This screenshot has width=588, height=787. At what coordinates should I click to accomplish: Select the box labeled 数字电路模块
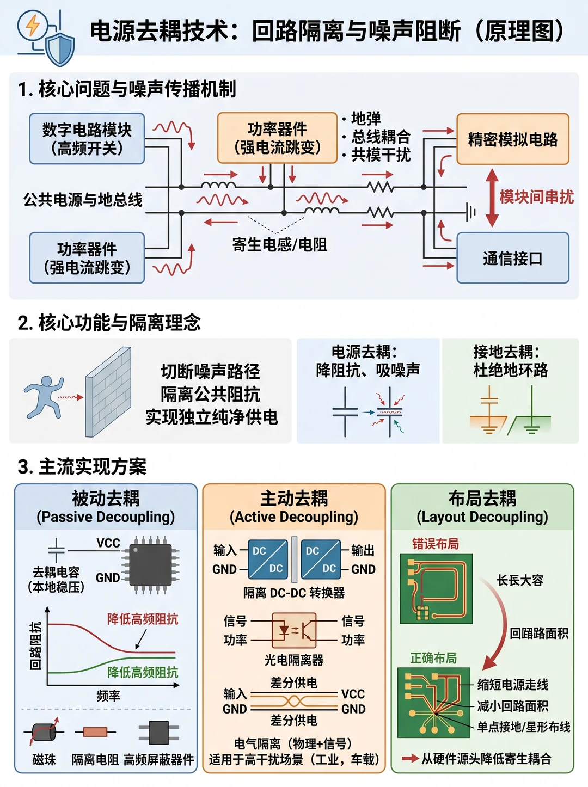(87, 139)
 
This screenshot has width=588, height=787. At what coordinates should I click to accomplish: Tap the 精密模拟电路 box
(513, 139)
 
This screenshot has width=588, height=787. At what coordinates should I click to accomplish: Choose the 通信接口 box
(513, 258)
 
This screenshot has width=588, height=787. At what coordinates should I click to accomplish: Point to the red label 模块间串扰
(537, 197)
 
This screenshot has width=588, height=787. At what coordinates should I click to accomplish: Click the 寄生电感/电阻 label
(280, 245)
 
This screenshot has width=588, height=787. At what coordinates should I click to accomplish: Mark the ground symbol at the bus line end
(471, 212)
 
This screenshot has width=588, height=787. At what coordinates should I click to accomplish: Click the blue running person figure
(44, 397)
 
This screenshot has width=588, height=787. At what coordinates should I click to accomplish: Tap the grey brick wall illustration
(108, 392)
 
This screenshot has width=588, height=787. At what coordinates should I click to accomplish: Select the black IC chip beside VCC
(150, 565)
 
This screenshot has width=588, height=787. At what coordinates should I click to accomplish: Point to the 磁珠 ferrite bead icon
(44, 731)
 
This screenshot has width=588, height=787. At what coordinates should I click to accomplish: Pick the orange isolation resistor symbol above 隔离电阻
(95, 731)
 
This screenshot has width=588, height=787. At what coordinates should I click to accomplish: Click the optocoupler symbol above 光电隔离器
(294, 630)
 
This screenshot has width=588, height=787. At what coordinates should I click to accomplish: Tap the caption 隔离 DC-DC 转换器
(294, 593)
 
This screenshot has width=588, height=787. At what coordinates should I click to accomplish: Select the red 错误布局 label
(435, 544)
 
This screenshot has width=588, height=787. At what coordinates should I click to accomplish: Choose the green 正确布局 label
(433, 658)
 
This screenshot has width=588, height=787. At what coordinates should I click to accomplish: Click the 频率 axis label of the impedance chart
(108, 696)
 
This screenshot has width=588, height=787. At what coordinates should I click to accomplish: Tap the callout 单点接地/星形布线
(523, 727)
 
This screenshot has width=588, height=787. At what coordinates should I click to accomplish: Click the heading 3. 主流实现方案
(82, 467)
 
